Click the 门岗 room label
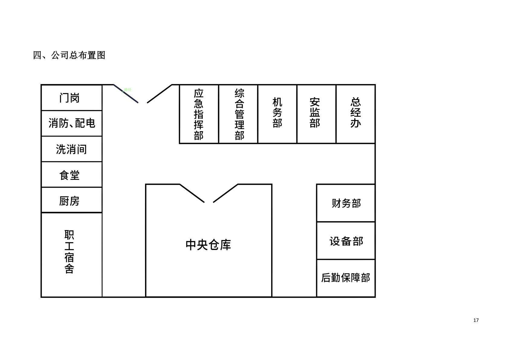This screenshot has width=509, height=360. pyautogui.click(x=70, y=98)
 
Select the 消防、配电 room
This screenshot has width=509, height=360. pyautogui.click(x=72, y=123)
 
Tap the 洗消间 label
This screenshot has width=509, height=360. pyautogui.click(x=71, y=149)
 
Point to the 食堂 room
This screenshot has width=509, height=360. pyautogui.click(x=70, y=175)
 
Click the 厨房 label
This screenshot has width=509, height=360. pyautogui.click(x=69, y=201)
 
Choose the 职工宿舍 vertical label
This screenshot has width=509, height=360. pyautogui.click(x=69, y=252)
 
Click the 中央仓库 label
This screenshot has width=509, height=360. pyautogui.click(x=208, y=245)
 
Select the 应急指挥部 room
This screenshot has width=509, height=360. pyautogui.click(x=199, y=114)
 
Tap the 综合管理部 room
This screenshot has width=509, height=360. pyautogui.click(x=239, y=114)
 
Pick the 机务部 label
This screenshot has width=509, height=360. pyautogui.click(x=277, y=112)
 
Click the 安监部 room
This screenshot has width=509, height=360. pyautogui.click(x=315, y=112)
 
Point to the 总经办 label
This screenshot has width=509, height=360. pyautogui.click(x=355, y=112)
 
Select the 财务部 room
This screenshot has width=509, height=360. pyautogui.click(x=346, y=203)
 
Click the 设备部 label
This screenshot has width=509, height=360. pyautogui.click(x=346, y=241)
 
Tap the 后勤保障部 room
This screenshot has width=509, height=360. pyautogui.click(x=345, y=278)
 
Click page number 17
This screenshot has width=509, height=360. pyautogui.click(x=476, y=320)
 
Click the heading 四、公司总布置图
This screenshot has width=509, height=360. pyautogui.click(x=69, y=55)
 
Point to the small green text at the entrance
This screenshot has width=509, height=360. pyautogui.click(x=128, y=90)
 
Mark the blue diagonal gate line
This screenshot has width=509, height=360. pyautogui.click(x=126, y=94)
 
